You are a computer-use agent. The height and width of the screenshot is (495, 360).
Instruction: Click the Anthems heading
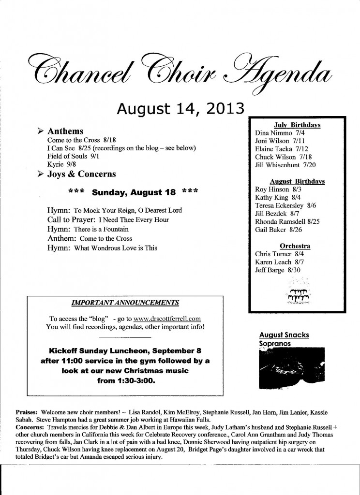pyautogui.click(x=65, y=131)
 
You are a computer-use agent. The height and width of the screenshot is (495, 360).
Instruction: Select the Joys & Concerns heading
pyautogui.click(x=81, y=174)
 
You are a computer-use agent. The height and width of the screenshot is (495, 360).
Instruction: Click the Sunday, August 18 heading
pyautogui.click(x=133, y=191)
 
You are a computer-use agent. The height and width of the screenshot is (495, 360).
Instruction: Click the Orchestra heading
pyautogui.click(x=295, y=246)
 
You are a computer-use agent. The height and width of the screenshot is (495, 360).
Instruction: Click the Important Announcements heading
pyautogui.click(x=125, y=303)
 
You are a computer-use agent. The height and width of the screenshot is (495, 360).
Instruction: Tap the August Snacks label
pyautogui.click(x=284, y=335)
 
